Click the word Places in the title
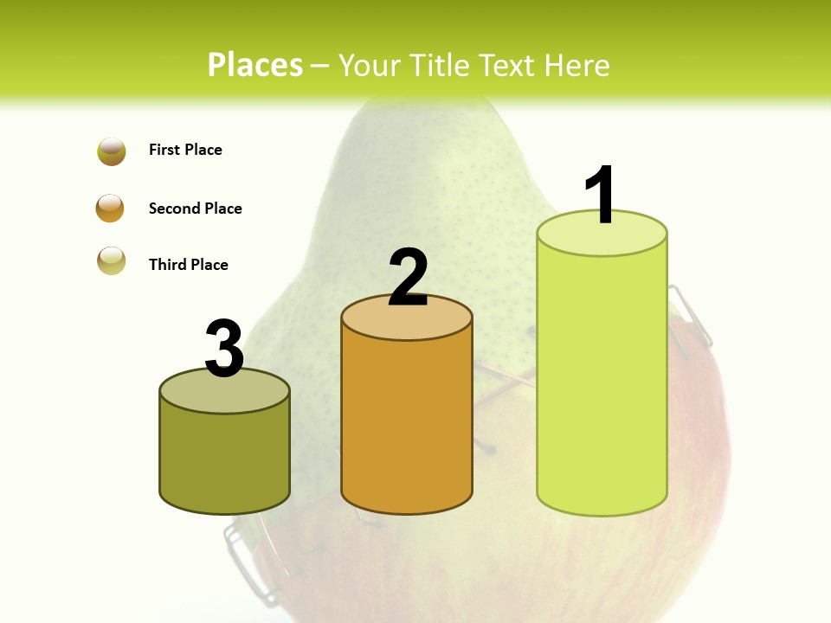(x=254, y=65)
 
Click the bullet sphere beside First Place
(x=112, y=151)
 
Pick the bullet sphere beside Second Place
(x=110, y=209)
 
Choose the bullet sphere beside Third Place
(x=112, y=260)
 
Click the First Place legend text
(x=185, y=150)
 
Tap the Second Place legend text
(x=195, y=209)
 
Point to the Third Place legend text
(x=188, y=265)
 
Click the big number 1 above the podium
(x=601, y=195)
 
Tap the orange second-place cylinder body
(x=407, y=424)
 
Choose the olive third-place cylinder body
(x=224, y=459)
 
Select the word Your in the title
(x=370, y=65)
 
